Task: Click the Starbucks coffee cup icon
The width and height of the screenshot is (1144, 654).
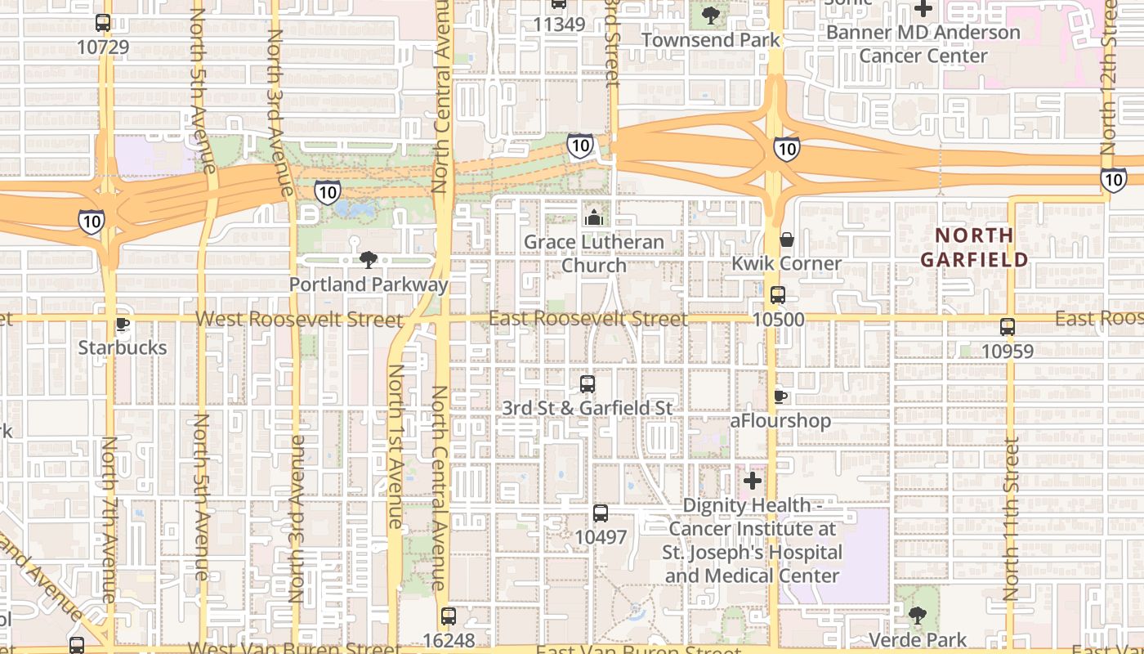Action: (123, 325)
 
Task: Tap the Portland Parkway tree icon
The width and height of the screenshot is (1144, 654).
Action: (369, 260)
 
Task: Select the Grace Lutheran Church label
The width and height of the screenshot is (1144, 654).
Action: (594, 253)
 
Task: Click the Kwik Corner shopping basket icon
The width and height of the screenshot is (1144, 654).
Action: (786, 240)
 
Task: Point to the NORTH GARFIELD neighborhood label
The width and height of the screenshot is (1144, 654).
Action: (974, 248)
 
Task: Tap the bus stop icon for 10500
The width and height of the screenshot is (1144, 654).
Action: (778, 295)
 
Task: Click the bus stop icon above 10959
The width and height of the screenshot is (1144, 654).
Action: (1008, 327)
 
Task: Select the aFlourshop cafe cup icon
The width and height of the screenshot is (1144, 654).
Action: (780, 397)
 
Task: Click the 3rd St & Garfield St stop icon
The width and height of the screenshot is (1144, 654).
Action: (587, 383)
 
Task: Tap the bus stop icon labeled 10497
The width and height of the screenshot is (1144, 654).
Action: (601, 513)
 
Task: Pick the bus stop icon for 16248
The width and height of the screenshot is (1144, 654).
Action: (448, 616)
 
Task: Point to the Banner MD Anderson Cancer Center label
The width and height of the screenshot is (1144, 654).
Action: (923, 44)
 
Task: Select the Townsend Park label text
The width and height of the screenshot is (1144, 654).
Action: (711, 39)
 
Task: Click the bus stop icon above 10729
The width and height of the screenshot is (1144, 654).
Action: (103, 23)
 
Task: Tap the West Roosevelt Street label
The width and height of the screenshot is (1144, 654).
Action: (299, 320)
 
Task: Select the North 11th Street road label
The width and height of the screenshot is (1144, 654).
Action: (1012, 519)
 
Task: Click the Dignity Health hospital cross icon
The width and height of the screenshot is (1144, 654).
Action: (753, 481)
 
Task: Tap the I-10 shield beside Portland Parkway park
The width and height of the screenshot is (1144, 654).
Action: (328, 192)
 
